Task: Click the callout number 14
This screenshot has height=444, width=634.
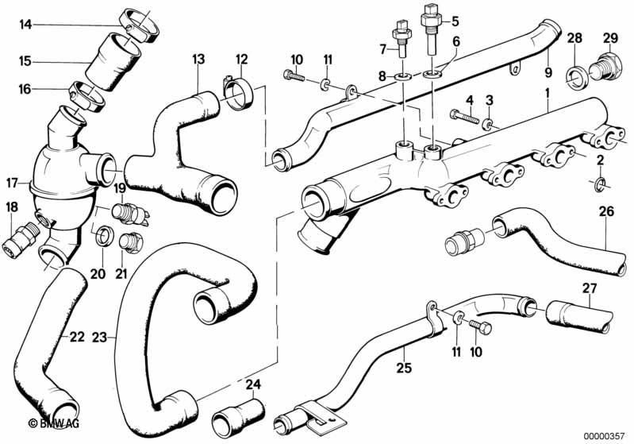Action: (25, 25)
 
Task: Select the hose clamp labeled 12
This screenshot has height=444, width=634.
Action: (238, 93)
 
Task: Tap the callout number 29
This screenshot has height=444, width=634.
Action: (610, 38)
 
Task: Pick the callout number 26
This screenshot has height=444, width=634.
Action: (605, 211)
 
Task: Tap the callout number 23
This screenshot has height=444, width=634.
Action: (99, 337)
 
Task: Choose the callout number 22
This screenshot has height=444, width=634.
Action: (77, 337)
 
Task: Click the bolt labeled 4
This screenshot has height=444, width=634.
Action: (464, 116)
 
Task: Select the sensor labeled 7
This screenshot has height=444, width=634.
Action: (402, 40)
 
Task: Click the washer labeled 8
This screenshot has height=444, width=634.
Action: (403, 76)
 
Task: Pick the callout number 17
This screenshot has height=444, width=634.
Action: (12, 183)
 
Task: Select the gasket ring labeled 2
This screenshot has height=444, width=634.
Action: (600, 183)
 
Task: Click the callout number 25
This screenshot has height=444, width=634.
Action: (404, 368)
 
